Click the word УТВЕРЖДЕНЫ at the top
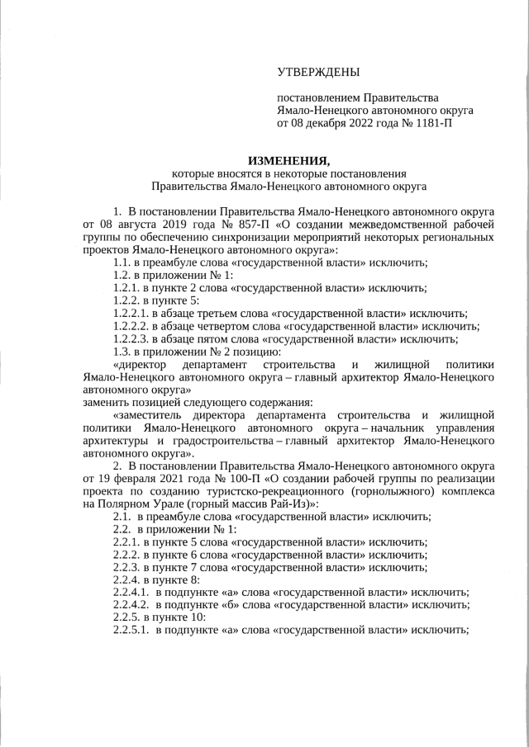tap(318, 74)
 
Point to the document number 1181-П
tap(430, 124)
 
